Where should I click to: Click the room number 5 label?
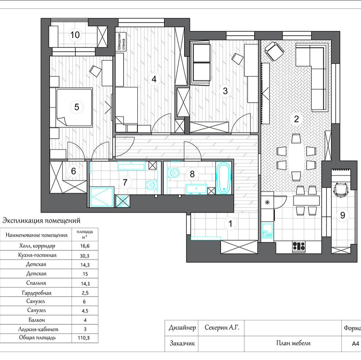(77, 107)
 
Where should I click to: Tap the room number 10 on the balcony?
(75, 35)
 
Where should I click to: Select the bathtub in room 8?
(224, 178)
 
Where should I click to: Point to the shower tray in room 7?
(102, 197)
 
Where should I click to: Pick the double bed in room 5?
(74, 107)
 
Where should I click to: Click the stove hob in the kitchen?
(299, 246)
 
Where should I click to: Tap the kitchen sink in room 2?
(267, 230)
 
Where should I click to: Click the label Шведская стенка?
(121, 42)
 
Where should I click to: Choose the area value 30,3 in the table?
(85, 255)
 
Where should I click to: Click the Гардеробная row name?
(36, 293)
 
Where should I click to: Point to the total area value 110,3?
(84, 338)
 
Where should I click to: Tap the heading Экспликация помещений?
(41, 220)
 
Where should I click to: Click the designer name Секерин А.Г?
(222, 327)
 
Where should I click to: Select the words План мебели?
(293, 343)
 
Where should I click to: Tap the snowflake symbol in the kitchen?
(267, 203)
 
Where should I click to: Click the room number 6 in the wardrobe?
(73, 171)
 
